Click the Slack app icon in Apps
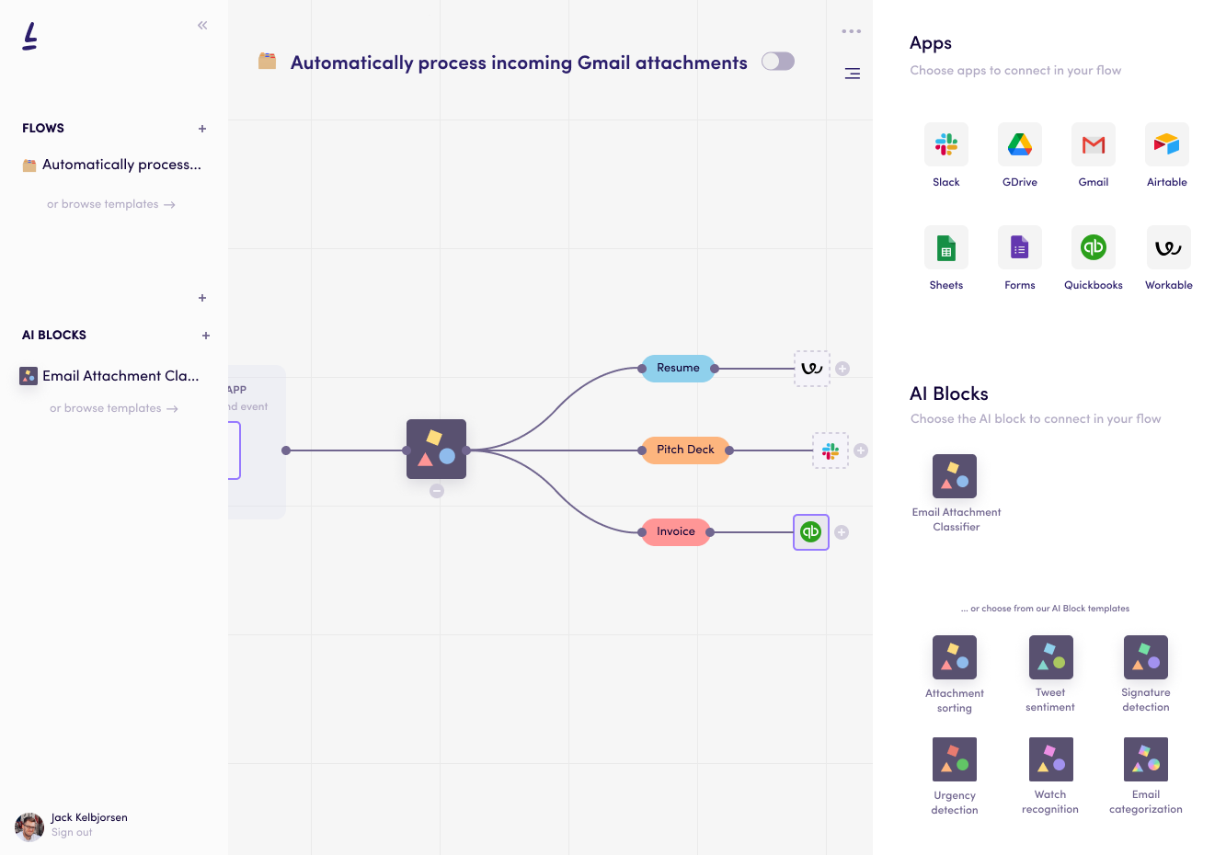(x=945, y=144)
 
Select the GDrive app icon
(x=1019, y=144)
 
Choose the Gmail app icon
(x=1093, y=144)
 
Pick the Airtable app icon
(x=1166, y=144)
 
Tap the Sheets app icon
(x=945, y=247)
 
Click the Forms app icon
(x=1019, y=247)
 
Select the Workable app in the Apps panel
(x=1168, y=247)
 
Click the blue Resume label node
(x=678, y=368)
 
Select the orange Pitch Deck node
(x=685, y=450)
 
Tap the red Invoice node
(x=676, y=531)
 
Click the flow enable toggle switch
(x=778, y=62)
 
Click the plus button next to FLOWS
(x=202, y=129)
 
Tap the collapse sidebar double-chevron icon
(x=202, y=26)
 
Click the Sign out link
(x=72, y=833)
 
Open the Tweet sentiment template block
(x=1050, y=657)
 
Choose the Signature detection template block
(x=1145, y=657)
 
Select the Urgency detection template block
(x=954, y=759)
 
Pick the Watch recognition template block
(x=1050, y=759)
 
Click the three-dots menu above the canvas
(x=852, y=31)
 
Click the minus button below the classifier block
(x=437, y=491)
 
